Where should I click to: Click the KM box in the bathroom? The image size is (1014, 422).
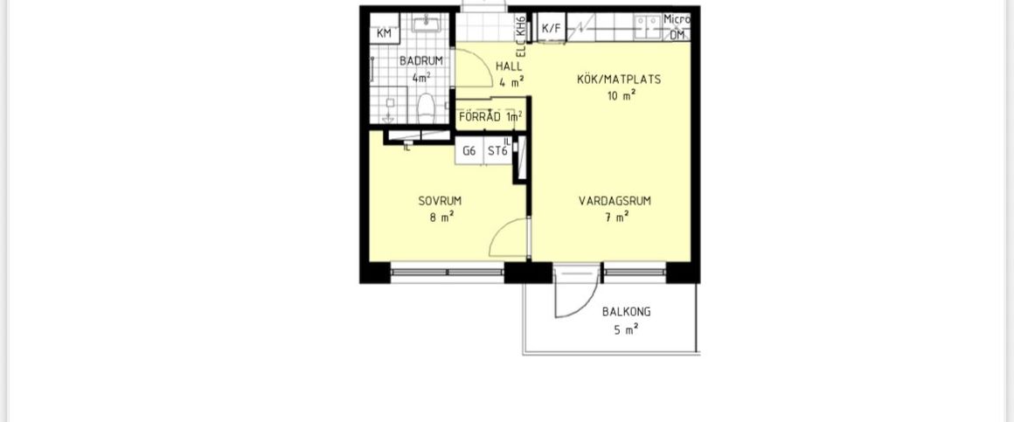click(384, 33)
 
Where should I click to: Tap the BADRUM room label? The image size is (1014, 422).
click(421, 61)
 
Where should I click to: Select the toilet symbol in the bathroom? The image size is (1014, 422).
click(427, 109)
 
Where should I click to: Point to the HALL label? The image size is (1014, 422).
click(509, 66)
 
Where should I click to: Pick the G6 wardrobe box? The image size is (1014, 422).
click(469, 150)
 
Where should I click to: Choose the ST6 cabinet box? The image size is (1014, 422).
click(497, 150)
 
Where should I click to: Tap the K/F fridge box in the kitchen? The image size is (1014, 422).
click(552, 28)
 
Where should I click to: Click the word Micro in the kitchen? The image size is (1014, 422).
click(677, 19)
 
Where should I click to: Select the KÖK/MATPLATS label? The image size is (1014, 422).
click(619, 80)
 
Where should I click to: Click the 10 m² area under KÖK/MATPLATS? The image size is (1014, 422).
click(622, 96)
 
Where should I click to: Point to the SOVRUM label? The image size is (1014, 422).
click(440, 201)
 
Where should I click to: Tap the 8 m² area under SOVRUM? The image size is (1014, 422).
click(441, 218)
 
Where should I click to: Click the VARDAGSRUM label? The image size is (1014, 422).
click(615, 201)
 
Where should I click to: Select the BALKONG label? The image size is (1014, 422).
click(626, 312)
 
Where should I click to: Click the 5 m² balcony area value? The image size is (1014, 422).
click(626, 329)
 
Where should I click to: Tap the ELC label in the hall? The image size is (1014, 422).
click(519, 50)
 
